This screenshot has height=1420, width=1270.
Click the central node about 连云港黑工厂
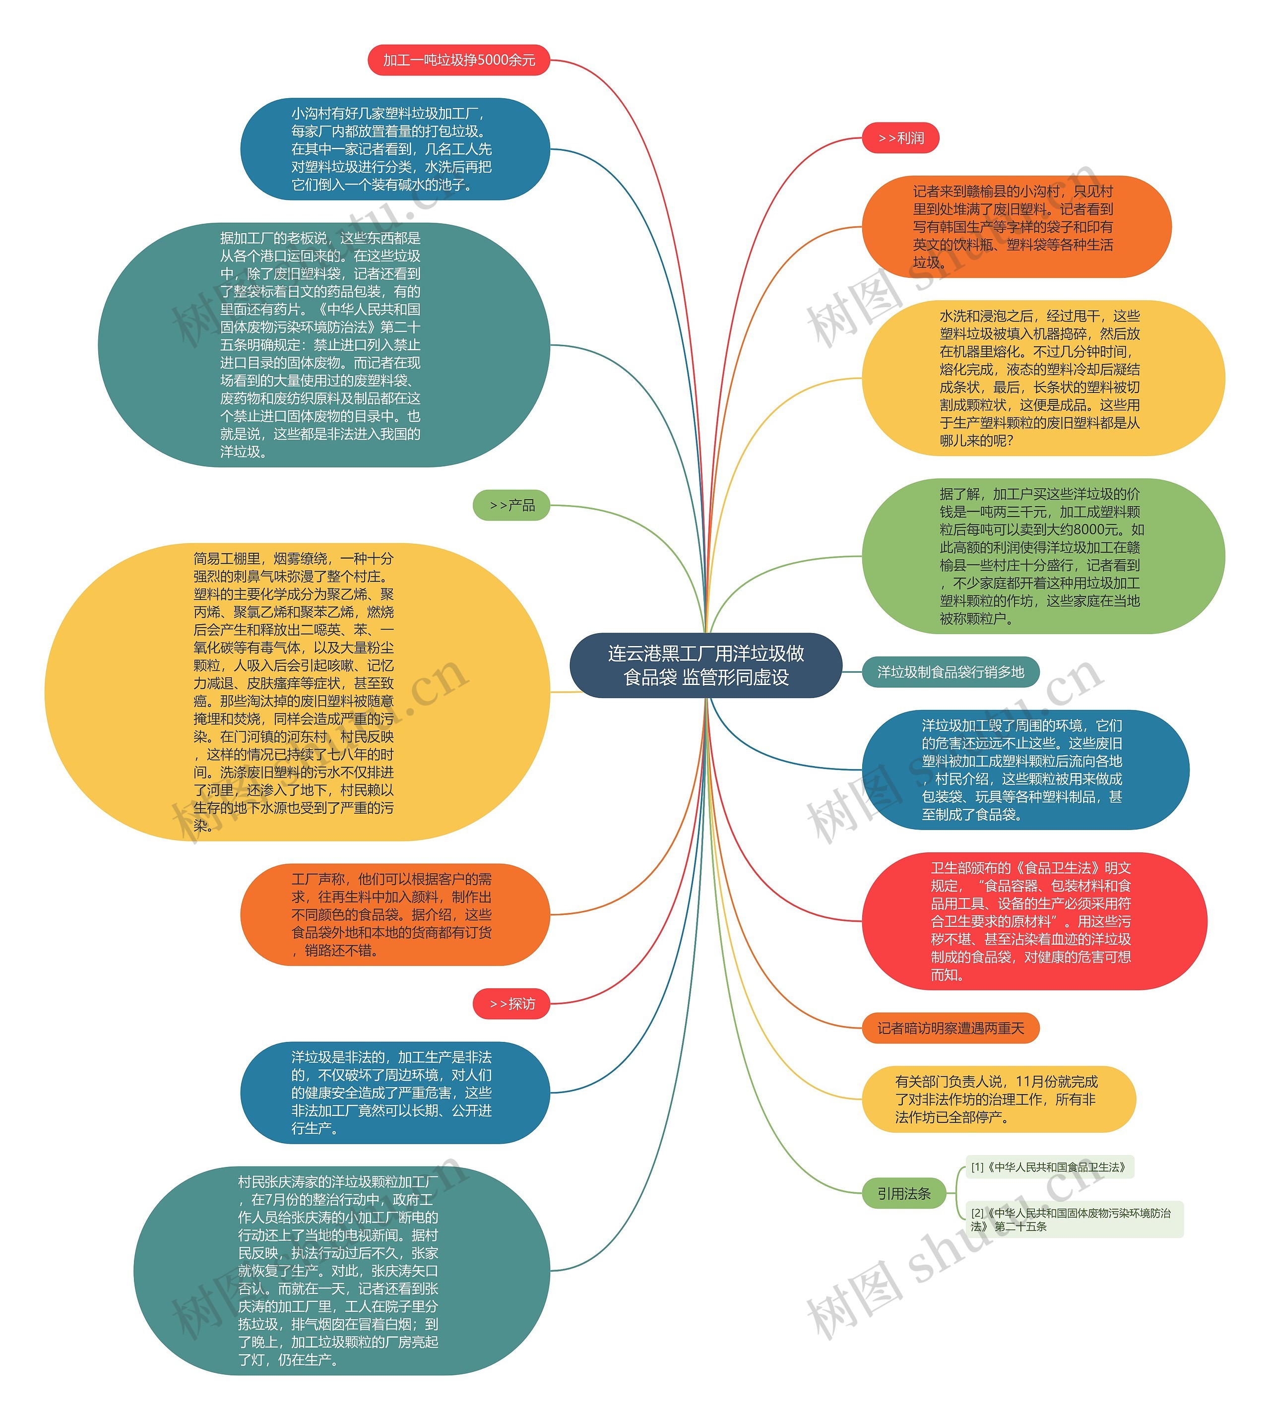point(705,664)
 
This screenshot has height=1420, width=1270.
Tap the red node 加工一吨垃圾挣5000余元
point(458,60)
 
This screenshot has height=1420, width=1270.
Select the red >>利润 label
point(900,138)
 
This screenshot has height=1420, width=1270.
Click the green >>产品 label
point(511,505)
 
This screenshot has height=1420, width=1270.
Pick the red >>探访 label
point(511,1003)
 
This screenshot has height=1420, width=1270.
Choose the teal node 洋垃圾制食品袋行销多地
point(951,672)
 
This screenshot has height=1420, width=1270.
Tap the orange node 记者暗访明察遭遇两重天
point(951,1028)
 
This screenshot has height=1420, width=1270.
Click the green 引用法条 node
point(904,1193)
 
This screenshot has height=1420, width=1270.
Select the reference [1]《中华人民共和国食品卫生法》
point(1048,1166)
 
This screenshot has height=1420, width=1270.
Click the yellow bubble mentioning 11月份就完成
point(998,1099)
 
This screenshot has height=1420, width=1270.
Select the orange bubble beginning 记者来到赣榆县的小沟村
point(1016,227)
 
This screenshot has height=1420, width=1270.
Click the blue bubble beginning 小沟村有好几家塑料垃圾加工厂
point(395,149)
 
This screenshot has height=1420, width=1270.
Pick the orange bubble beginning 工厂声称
point(395,914)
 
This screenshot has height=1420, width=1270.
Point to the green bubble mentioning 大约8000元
point(1042,556)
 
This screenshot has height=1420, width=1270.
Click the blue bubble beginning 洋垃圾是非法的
point(395,1093)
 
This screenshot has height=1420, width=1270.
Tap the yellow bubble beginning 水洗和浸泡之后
point(1042,378)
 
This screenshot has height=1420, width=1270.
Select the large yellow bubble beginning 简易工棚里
point(297,692)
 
